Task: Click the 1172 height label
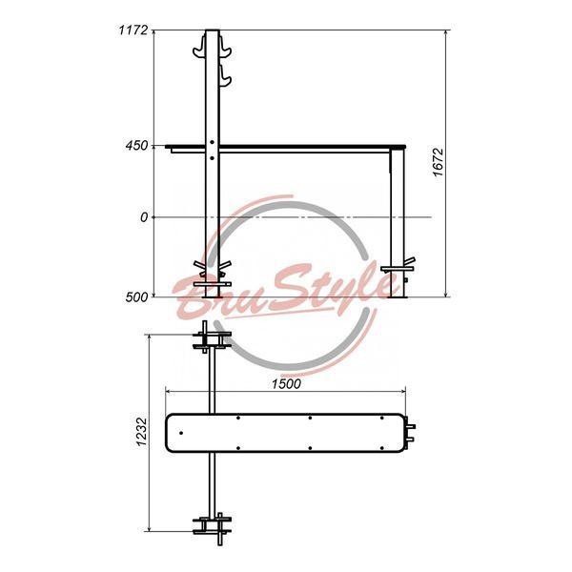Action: click(x=133, y=30)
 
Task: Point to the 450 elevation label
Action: click(x=137, y=146)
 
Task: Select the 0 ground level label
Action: click(x=144, y=217)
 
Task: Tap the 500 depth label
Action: click(x=136, y=297)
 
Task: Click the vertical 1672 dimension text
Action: click(x=438, y=162)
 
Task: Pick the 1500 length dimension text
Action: click(x=286, y=384)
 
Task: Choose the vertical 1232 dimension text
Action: click(x=142, y=432)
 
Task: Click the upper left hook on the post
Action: click(x=199, y=48)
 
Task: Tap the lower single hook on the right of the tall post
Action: click(x=225, y=76)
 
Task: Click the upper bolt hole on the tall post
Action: click(x=212, y=142)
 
